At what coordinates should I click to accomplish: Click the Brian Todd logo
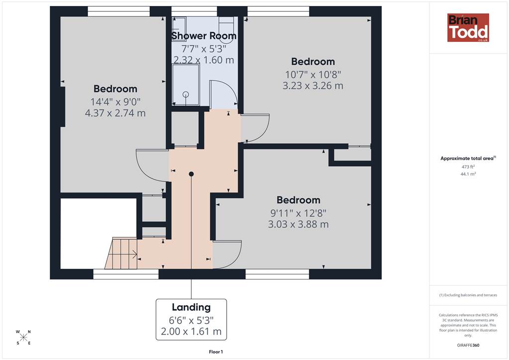(x=468, y=27)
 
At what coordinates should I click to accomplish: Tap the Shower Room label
(x=204, y=36)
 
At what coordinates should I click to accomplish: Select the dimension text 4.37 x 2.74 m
(x=115, y=113)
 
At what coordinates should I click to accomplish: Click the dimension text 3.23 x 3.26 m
(x=313, y=86)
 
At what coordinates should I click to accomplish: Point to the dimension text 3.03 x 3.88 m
(x=298, y=224)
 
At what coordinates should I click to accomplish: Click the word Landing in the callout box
(x=191, y=307)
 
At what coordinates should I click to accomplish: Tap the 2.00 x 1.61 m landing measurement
(x=191, y=332)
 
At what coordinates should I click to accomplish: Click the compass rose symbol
(x=23, y=337)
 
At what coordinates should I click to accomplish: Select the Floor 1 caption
(x=216, y=352)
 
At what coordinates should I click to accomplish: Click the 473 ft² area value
(x=468, y=167)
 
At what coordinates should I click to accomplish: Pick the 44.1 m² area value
(x=468, y=174)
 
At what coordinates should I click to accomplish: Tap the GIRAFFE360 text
(x=468, y=345)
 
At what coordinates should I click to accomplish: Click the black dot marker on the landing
(x=191, y=174)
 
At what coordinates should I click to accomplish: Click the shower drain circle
(x=186, y=94)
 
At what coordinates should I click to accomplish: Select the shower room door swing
(x=224, y=94)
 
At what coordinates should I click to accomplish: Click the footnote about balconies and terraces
(x=468, y=295)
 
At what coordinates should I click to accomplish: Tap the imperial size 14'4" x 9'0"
(x=115, y=102)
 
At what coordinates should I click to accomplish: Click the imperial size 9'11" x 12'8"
(x=298, y=213)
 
